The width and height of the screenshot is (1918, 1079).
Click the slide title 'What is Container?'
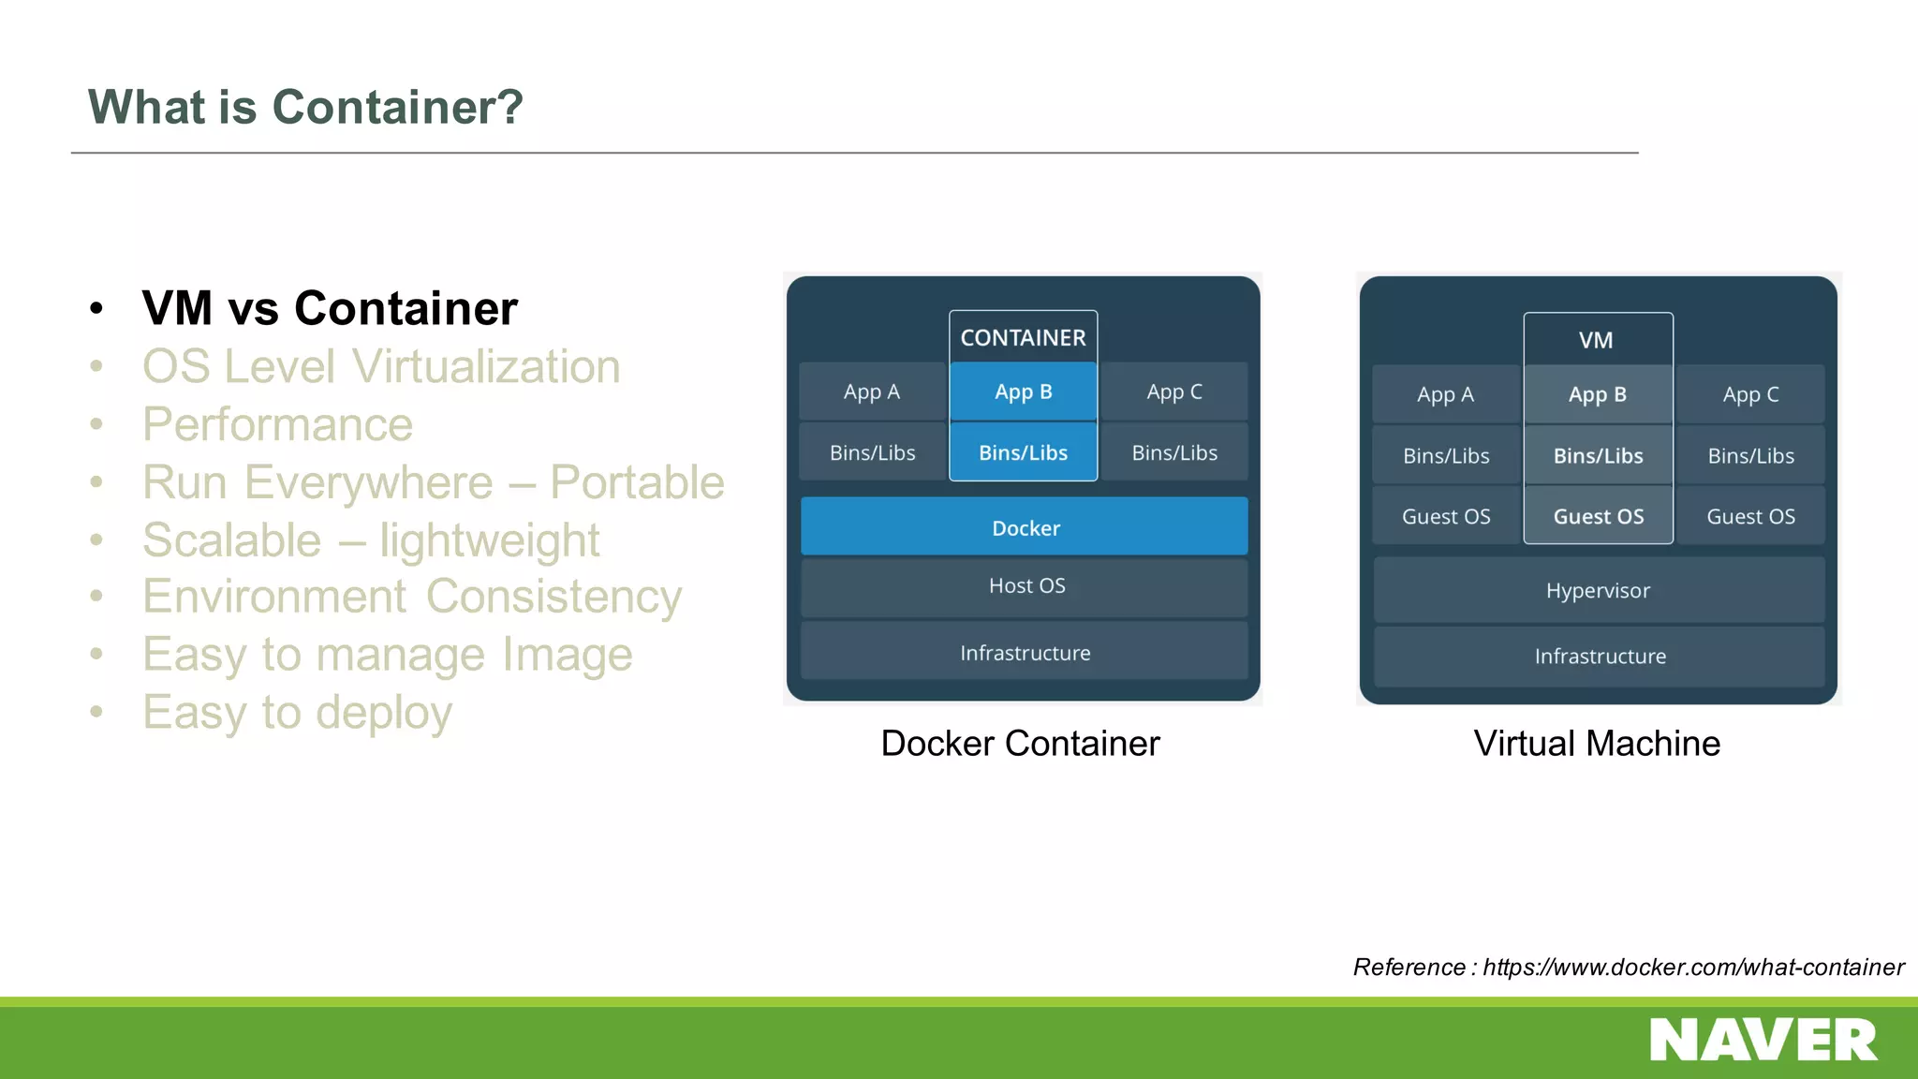coord(305,107)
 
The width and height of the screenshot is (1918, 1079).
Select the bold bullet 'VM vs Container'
coord(330,308)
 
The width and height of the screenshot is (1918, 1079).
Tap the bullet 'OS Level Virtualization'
coord(381,366)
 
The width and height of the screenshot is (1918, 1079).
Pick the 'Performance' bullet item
coord(277,424)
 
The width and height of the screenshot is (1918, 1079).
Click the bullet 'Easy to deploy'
coord(297,712)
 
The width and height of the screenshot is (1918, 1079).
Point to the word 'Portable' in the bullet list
coord(637,482)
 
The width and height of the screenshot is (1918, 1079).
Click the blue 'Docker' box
coord(1025,527)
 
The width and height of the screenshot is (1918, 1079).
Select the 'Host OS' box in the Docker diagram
coord(1025,586)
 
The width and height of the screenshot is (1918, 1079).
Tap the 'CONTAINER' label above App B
coord(1023,337)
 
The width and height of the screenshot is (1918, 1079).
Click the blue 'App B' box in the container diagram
coord(1023,392)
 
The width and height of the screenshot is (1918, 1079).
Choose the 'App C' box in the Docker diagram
coord(1174,392)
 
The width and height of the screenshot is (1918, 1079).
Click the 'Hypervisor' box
coord(1598,591)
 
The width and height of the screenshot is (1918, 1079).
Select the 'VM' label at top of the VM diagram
coord(1596,340)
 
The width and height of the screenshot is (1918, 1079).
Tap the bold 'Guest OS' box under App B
coord(1598,516)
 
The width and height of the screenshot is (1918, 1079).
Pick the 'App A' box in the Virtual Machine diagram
coord(1445,394)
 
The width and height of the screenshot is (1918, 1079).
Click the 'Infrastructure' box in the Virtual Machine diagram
coord(1600,657)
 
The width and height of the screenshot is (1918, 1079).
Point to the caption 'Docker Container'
coord(1020,744)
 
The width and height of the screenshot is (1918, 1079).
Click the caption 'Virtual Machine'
coord(1597,744)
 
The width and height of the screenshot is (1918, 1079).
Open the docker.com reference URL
coord(1692,968)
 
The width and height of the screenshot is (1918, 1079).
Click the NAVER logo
coord(1763,1041)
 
